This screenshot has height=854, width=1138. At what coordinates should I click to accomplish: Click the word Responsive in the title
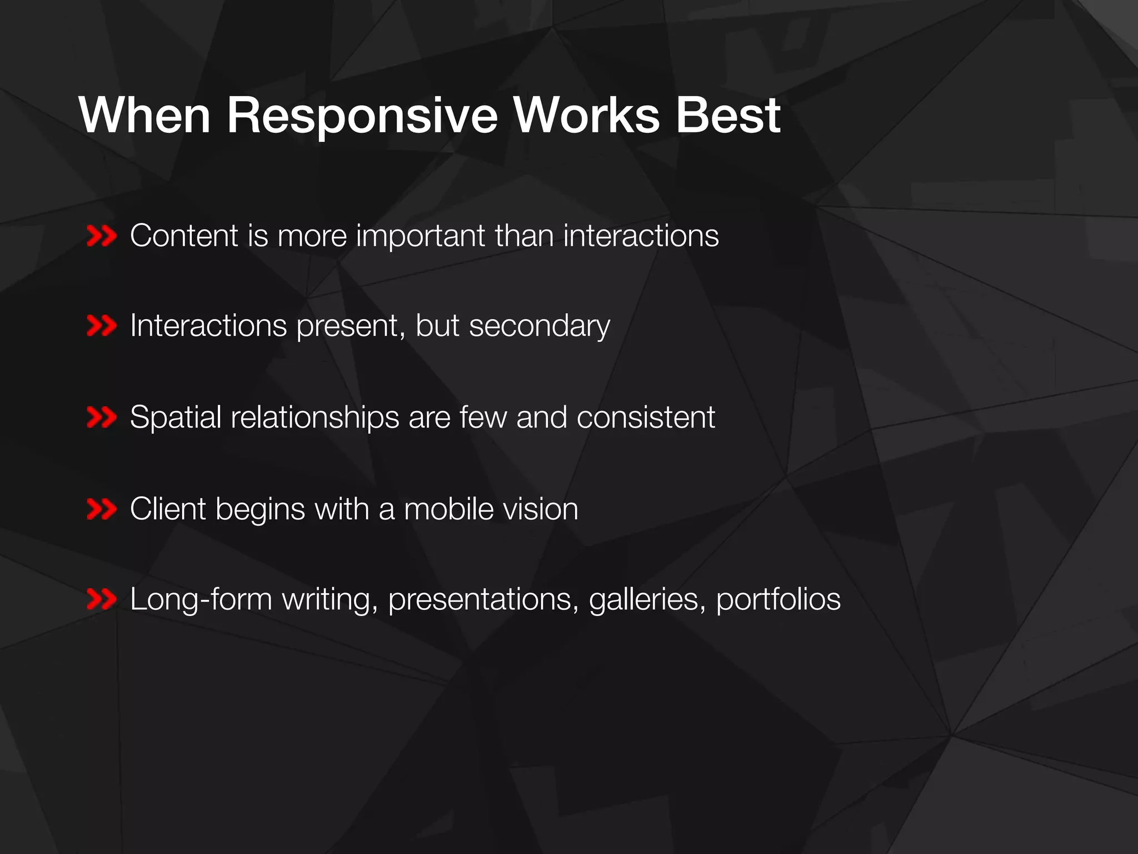click(x=362, y=116)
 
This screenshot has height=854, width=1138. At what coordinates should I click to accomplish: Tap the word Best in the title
click(x=728, y=116)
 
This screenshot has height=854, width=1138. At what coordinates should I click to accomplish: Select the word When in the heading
click(x=145, y=116)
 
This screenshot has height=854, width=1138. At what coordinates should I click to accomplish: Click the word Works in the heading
click(x=586, y=116)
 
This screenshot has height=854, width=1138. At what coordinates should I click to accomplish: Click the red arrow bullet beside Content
click(x=102, y=236)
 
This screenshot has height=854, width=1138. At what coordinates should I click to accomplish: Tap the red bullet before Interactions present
click(x=102, y=326)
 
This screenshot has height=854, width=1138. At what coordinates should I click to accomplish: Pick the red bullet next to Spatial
click(x=102, y=418)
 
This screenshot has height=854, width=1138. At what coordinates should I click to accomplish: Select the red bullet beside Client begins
click(x=102, y=509)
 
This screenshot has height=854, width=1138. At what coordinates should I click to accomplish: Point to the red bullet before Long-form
click(x=102, y=600)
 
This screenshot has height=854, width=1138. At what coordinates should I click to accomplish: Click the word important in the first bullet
click(x=421, y=236)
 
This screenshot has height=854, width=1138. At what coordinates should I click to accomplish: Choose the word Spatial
click(x=176, y=418)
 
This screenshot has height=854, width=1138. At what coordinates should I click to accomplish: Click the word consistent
click(x=646, y=418)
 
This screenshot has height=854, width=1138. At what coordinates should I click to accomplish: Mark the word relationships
click(x=315, y=418)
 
